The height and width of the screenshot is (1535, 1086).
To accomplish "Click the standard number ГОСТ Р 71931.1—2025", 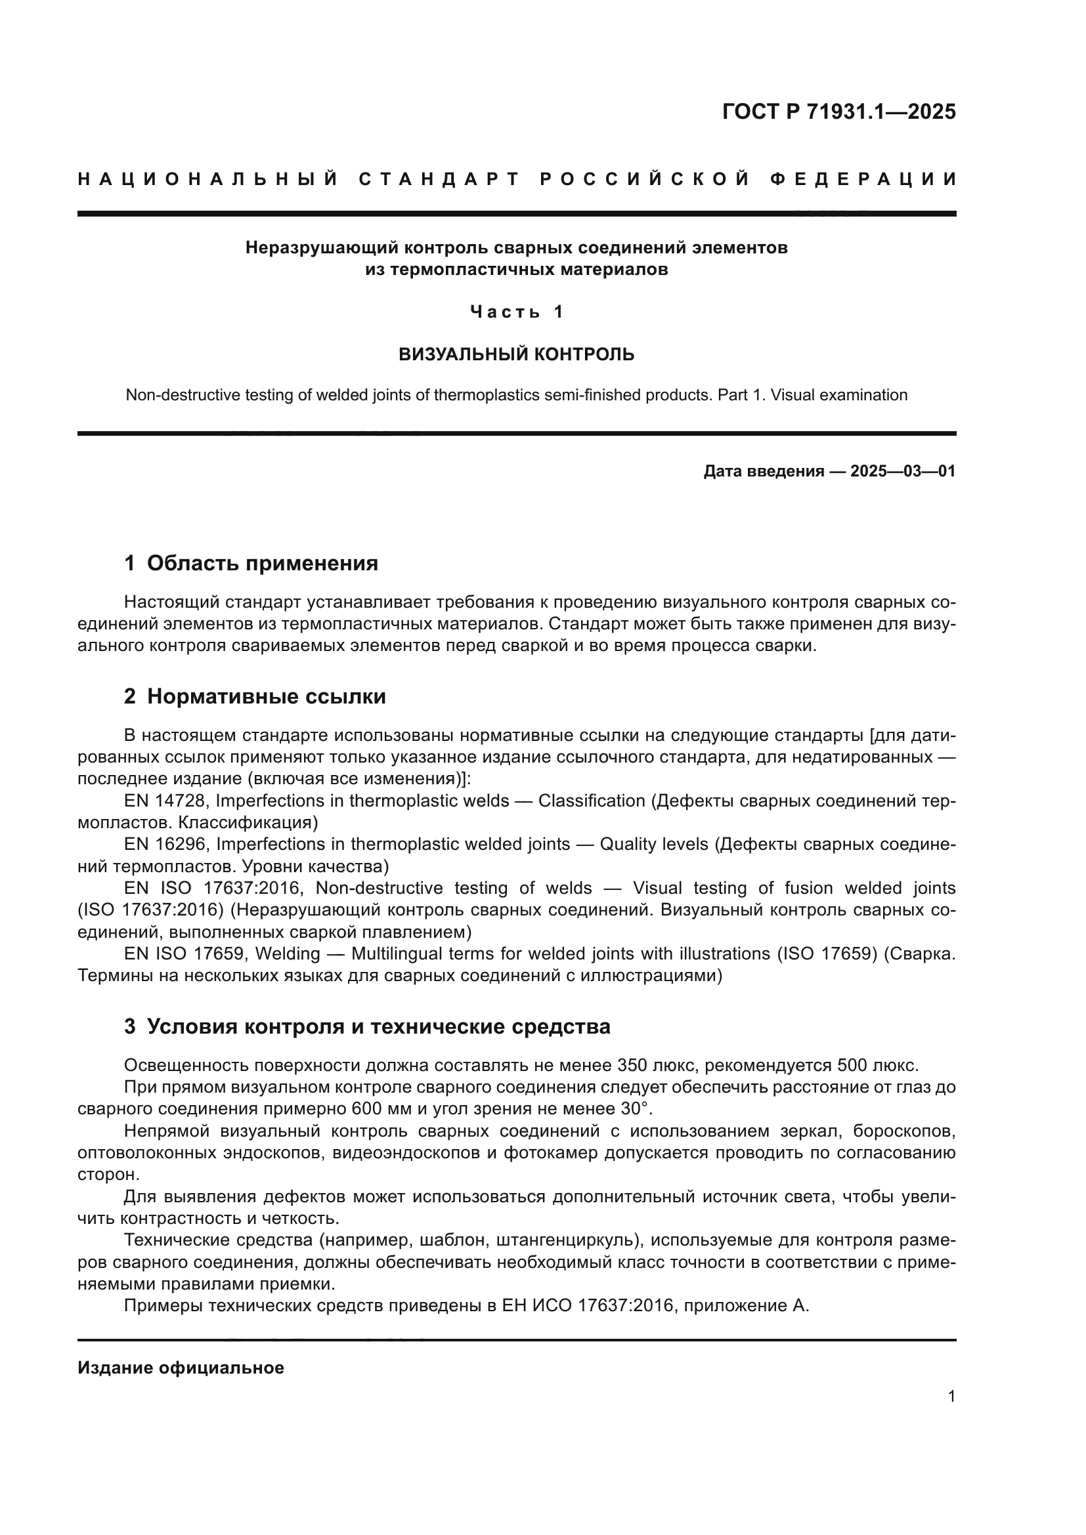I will pyautogui.click(x=838, y=112).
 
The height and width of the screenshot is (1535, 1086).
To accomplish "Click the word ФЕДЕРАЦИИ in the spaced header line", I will pyautogui.click(x=863, y=179).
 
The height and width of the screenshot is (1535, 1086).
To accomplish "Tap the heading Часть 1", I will pyautogui.click(x=517, y=312).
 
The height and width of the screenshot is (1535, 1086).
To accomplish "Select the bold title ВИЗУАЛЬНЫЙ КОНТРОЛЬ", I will pyautogui.click(x=516, y=354).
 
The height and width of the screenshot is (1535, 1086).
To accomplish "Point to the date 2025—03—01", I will pyautogui.click(x=902, y=471).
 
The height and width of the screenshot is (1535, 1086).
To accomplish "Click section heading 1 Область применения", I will pyautogui.click(x=251, y=563).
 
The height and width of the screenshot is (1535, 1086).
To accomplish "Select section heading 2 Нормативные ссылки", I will pyautogui.click(x=255, y=697).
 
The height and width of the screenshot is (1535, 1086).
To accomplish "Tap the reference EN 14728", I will pyautogui.click(x=166, y=801).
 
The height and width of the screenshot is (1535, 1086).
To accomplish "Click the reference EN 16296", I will pyautogui.click(x=166, y=845).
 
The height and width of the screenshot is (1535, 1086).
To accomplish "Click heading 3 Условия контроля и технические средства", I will pyautogui.click(x=367, y=1026).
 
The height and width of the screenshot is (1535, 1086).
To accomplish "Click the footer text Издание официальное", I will pyautogui.click(x=181, y=1368).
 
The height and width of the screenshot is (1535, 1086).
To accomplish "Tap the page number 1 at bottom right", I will pyautogui.click(x=951, y=1397).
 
